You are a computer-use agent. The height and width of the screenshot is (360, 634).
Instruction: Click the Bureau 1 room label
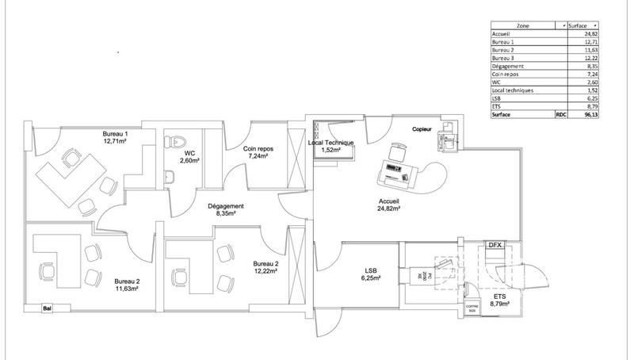point(116,140)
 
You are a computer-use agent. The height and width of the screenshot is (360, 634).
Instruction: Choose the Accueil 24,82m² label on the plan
point(388,205)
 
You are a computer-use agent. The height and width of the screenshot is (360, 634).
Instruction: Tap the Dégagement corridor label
point(225,209)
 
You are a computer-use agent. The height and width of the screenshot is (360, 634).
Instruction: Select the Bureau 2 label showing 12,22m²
point(265,267)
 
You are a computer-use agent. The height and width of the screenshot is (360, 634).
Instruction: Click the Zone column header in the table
point(523,26)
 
